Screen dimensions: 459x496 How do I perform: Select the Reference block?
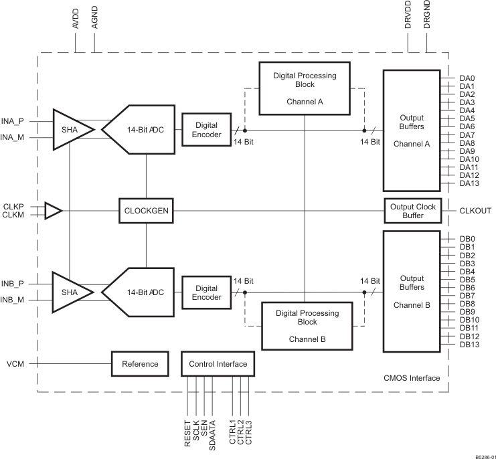pos(140,364)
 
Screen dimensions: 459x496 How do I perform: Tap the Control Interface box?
pos(218,364)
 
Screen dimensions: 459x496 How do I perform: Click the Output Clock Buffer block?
pos(413,211)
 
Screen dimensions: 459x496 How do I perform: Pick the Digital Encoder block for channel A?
pos(206,130)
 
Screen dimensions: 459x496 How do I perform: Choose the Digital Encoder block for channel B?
pos(206,292)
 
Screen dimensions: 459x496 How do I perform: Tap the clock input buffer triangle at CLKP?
pos(53,211)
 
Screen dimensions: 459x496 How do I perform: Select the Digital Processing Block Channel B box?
pos(305,326)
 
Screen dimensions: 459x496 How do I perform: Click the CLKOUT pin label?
pos(475,211)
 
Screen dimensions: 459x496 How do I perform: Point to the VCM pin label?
pos(15,364)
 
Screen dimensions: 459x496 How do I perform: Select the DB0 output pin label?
pos(467,239)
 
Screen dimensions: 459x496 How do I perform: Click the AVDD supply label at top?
pos(76,18)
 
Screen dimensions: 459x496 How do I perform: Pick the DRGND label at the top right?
pos(427,15)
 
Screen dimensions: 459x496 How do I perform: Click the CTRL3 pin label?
pos(249,432)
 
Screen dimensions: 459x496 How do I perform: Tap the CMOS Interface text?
pos(412,379)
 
